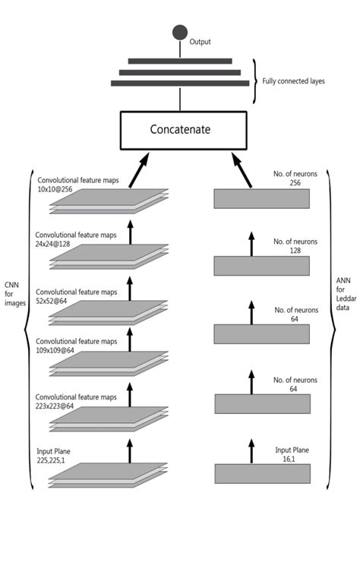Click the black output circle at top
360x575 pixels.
[179, 32]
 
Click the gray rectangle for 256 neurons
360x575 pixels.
[261, 198]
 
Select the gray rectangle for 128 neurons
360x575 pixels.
[261, 265]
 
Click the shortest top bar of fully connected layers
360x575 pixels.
[180, 61]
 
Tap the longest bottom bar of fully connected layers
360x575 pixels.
[180, 82]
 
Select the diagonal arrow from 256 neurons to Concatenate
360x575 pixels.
[241, 169]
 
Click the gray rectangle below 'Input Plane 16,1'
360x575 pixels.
[261, 473]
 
